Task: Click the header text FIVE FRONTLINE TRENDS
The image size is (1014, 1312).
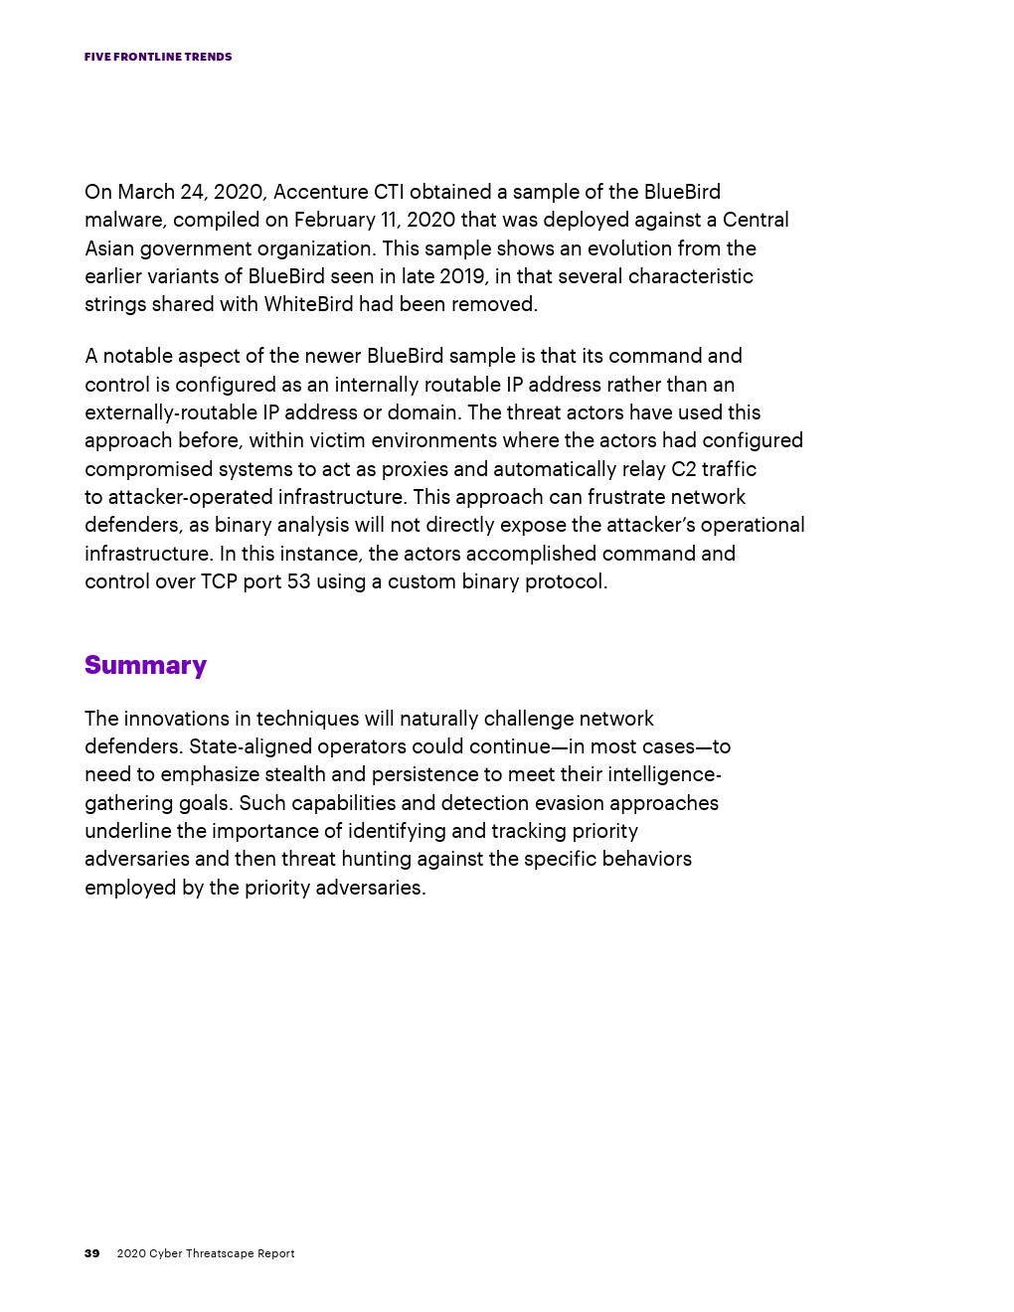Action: pyautogui.click(x=158, y=57)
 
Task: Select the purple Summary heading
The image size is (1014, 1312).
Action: pyautogui.click(x=145, y=665)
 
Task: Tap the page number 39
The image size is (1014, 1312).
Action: pyautogui.click(x=91, y=1253)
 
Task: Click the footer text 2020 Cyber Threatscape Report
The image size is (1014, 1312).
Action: pyautogui.click(x=206, y=1253)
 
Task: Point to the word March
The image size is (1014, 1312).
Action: pyautogui.click(x=146, y=192)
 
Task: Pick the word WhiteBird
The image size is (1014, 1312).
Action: pyautogui.click(x=308, y=304)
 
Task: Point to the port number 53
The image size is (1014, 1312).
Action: pyautogui.click(x=298, y=581)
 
